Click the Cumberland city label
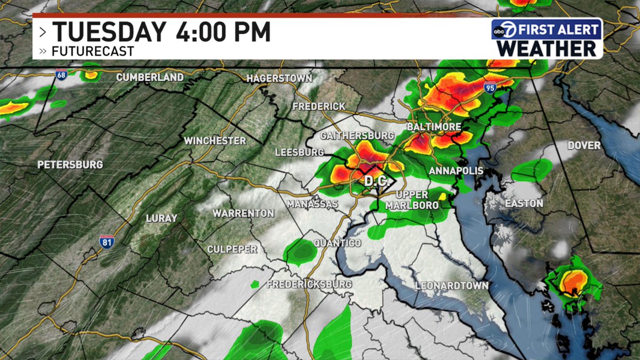150,77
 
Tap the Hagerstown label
279,79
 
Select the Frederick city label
319,107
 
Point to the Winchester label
215,141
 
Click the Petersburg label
69,165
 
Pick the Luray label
161,218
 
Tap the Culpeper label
233,249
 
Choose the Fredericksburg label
309,284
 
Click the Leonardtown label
452,286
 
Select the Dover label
583,146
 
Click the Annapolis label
456,171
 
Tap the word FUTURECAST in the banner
93,52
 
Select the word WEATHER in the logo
547,48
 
